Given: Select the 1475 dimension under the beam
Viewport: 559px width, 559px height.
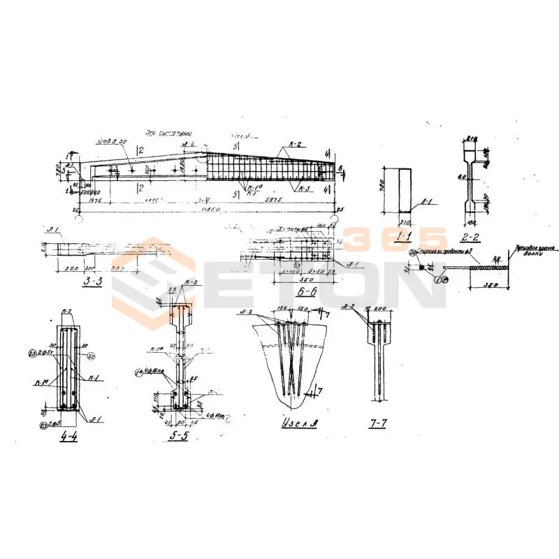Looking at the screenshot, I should click(96, 201).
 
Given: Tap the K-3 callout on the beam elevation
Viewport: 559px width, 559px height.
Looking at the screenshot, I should click(303, 189).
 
